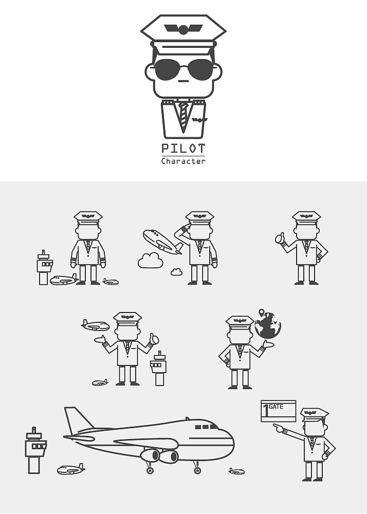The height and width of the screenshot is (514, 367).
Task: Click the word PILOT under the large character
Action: click(x=183, y=149)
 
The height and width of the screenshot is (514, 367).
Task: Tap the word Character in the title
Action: click(x=183, y=161)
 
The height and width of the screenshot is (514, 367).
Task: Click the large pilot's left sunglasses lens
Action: click(x=168, y=69)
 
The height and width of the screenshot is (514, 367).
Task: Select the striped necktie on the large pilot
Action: click(x=183, y=115)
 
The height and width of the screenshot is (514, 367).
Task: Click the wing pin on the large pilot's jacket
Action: click(x=199, y=120)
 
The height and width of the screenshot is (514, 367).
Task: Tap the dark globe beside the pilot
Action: click(x=268, y=325)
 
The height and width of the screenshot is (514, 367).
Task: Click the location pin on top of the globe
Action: click(x=261, y=313)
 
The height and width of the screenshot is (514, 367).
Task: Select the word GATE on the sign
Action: click(x=276, y=407)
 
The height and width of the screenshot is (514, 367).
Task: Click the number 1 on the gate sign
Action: click(x=266, y=410)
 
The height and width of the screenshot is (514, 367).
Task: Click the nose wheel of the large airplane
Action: click(x=197, y=470)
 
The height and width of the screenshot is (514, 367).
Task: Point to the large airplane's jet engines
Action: click(x=159, y=455)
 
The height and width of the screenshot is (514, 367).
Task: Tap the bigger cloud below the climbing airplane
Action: click(x=151, y=260)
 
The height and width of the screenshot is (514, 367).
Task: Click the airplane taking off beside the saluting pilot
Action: click(x=162, y=242)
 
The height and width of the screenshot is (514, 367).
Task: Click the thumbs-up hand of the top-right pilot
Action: click(x=280, y=238)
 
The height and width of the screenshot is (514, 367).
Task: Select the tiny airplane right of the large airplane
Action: click(x=236, y=471)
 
